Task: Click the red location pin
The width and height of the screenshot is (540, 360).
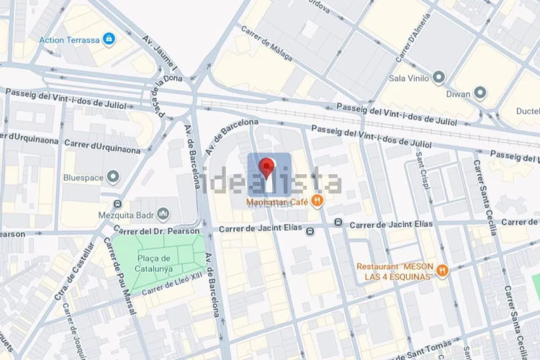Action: tap(267, 168)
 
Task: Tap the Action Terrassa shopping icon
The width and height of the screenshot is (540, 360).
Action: tap(109, 38)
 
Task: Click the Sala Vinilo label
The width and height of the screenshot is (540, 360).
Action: tap(408, 78)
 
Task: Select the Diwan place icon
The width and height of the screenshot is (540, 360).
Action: tap(480, 93)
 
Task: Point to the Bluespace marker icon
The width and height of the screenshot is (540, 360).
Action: tap(112, 176)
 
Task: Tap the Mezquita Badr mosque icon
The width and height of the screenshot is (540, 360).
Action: tap(163, 214)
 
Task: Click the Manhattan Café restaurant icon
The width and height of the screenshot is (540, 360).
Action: tap(318, 202)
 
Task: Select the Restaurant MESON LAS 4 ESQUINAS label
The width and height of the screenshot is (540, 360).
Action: tap(395, 271)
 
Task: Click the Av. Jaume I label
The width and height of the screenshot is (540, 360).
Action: tap(161, 56)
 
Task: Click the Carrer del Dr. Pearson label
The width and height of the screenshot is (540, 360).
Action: tap(156, 232)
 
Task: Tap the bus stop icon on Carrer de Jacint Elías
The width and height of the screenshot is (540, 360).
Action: tap(310, 231)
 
